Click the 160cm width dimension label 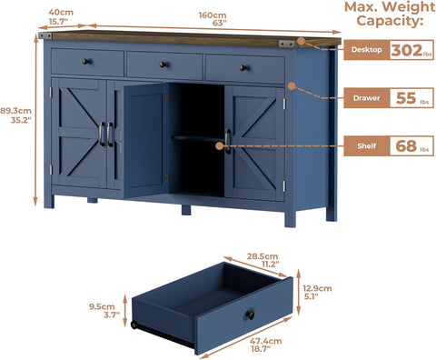(213, 19)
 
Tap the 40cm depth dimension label (61, 16)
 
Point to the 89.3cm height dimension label (15, 115)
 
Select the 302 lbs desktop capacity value (411, 50)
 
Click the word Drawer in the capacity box (366, 98)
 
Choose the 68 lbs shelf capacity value (412, 146)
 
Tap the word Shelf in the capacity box (366, 146)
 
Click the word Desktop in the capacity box (366, 50)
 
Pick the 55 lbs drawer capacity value (412, 98)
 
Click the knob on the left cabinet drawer (86, 62)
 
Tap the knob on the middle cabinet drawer (163, 65)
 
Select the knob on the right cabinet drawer (243, 67)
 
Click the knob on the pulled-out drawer (250, 315)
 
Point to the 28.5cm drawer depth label (263, 260)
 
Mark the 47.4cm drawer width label (265, 345)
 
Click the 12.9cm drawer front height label (317, 292)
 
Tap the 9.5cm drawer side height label (103, 311)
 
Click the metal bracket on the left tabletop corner (45, 35)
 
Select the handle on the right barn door (228, 141)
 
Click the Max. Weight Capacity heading (390, 14)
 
